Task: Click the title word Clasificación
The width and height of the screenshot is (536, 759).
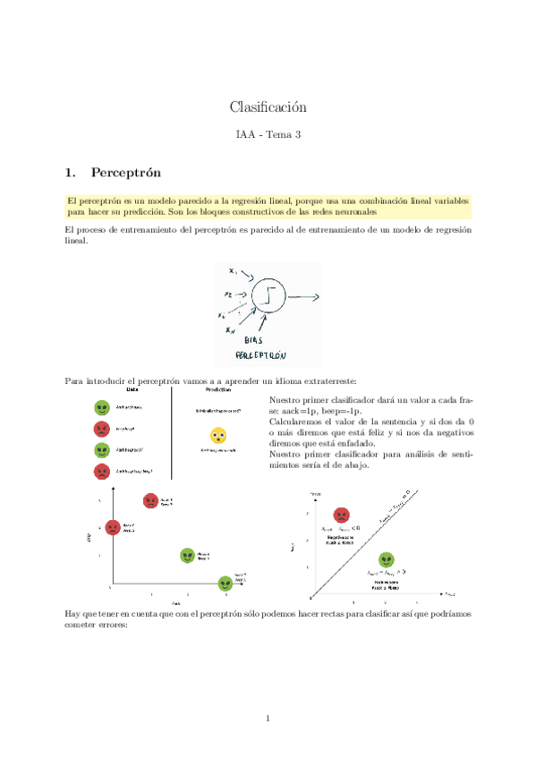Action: point(268,107)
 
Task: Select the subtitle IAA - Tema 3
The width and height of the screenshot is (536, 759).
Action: point(268,135)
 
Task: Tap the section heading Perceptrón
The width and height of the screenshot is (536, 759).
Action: point(125,171)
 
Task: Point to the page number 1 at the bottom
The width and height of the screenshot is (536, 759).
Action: point(268,718)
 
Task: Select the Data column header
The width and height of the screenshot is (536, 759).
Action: point(132,389)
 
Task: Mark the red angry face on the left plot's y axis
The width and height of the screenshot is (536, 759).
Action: point(113,527)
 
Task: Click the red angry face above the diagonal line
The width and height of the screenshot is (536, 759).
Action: point(341,515)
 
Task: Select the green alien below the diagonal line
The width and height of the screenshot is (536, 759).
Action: point(386,559)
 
